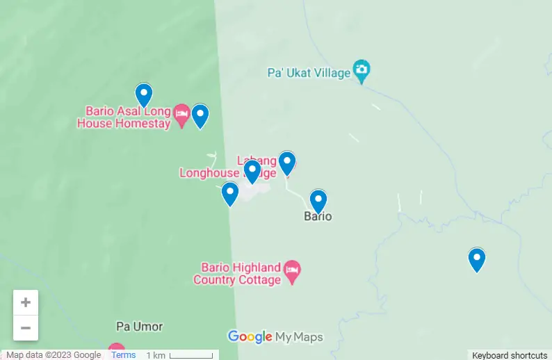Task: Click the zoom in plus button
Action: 26,302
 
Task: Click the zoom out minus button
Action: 26,328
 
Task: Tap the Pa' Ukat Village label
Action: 309,72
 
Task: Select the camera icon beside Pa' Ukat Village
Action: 362,69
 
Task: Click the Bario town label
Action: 318,216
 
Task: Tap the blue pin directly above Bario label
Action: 318,201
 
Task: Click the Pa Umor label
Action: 139,326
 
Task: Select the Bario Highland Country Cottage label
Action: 237,274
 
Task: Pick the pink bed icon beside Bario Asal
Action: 181,114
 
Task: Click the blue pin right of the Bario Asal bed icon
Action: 200,115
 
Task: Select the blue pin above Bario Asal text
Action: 143,95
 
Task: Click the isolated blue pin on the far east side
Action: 476,259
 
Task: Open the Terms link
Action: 124,355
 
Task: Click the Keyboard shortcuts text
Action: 510,355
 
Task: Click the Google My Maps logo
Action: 275,337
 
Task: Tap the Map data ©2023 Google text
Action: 54,355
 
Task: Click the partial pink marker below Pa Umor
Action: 116,350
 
